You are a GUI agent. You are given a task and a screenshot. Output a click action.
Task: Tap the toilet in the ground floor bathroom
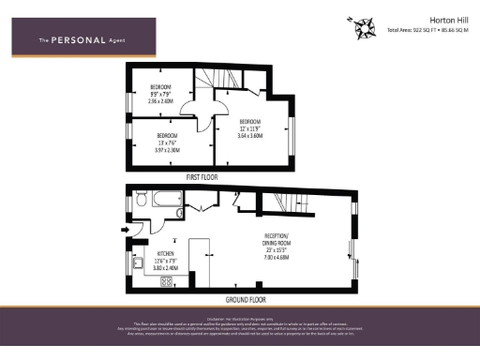point(140,200)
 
